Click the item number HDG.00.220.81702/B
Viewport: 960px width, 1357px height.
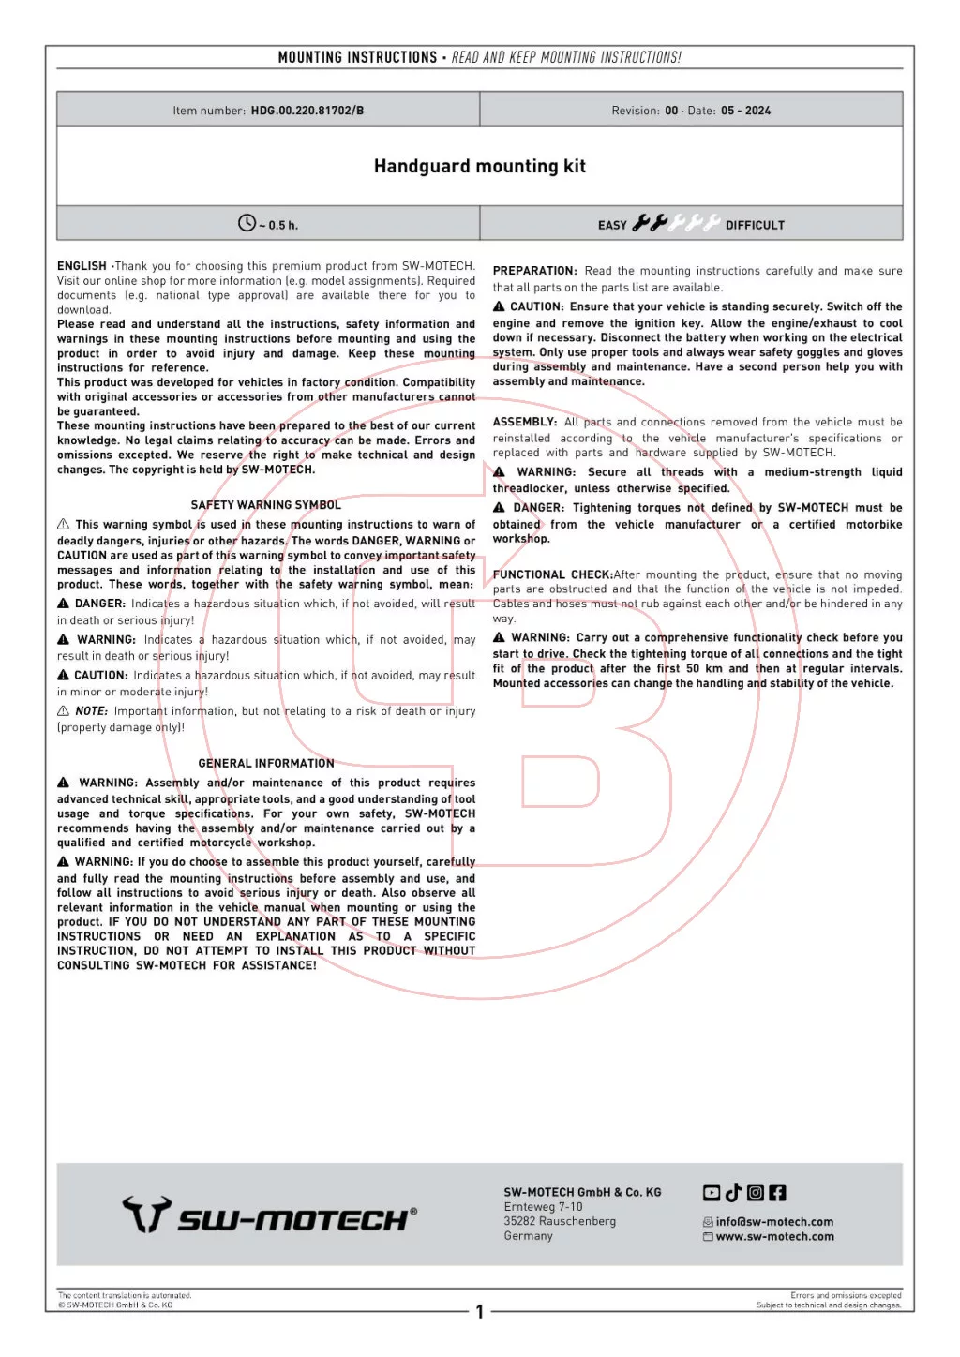[307, 111]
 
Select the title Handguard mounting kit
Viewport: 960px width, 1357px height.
[479, 167]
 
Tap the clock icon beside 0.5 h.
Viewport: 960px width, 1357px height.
[247, 223]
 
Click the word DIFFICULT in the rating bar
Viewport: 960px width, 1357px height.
[755, 225]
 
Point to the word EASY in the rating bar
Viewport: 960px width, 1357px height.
[612, 225]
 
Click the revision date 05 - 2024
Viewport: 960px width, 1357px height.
[745, 111]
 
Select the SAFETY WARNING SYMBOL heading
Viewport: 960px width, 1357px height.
[265, 505]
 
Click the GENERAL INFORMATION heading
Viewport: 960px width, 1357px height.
[266, 764]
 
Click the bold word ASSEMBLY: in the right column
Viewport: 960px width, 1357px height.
[525, 422]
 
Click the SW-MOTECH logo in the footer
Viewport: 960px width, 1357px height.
[270, 1215]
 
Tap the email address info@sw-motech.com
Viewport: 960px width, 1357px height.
[774, 1222]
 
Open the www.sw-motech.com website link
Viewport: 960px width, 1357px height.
[774, 1237]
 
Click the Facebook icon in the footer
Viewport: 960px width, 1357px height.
[777, 1193]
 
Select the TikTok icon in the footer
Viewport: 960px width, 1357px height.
[733, 1192]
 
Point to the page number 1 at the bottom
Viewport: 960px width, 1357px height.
[479, 1312]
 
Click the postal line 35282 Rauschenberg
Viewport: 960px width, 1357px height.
[560, 1222]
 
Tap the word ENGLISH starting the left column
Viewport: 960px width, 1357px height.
[82, 266]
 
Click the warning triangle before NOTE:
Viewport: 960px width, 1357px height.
[63, 711]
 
